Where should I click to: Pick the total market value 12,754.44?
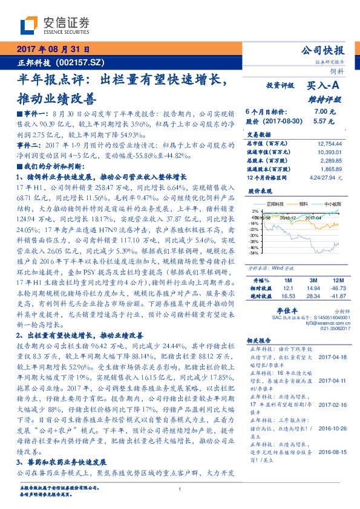[x=330, y=143]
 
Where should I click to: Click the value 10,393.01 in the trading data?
[x=330, y=152]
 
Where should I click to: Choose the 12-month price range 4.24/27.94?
[x=326, y=178]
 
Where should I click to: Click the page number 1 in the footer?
[x=180, y=489]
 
